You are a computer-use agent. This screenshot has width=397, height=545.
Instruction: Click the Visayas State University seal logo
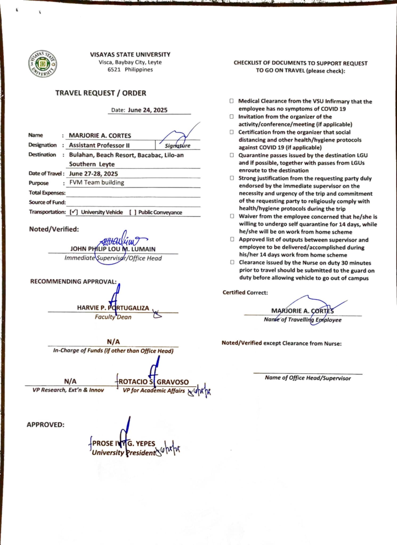click(x=42, y=64)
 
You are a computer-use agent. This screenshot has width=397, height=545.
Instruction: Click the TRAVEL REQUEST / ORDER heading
click(x=101, y=93)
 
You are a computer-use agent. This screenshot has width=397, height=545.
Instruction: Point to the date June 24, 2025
click(x=148, y=110)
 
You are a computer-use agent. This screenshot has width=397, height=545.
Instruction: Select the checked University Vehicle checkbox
click(x=74, y=212)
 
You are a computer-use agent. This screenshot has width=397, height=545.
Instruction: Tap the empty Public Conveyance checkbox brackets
click(x=133, y=212)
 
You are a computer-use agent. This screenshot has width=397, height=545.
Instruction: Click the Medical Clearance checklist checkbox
click(x=232, y=101)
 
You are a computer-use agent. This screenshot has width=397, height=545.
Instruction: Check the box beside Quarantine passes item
click(x=232, y=155)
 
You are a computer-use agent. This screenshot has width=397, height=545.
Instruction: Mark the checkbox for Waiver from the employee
click(x=232, y=216)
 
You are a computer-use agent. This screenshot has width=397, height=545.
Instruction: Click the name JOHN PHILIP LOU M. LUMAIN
click(x=113, y=249)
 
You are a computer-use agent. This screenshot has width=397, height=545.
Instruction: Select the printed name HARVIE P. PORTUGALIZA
click(x=113, y=308)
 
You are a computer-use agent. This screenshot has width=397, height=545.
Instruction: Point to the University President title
click(x=123, y=453)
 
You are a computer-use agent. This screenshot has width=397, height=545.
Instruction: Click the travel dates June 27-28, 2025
click(x=94, y=174)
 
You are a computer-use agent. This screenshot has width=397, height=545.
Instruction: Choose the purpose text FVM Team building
click(x=97, y=183)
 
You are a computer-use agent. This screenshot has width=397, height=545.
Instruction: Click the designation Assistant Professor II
click(x=99, y=145)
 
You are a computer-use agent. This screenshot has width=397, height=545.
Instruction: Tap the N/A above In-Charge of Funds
click(x=113, y=342)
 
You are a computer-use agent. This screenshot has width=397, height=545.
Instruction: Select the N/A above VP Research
click(x=70, y=381)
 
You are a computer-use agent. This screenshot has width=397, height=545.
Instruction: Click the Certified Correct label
click(x=245, y=293)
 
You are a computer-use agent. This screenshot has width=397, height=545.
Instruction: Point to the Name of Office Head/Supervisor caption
click(x=308, y=378)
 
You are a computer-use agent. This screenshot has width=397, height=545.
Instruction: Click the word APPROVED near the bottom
click(x=46, y=425)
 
